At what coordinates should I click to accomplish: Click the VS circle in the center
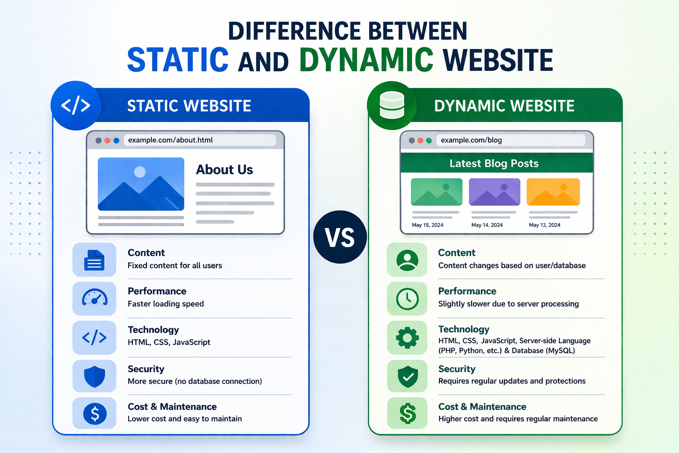pyautogui.click(x=340, y=237)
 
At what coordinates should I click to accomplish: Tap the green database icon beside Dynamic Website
pyautogui.click(x=392, y=106)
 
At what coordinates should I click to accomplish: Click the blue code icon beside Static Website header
pyautogui.click(x=76, y=106)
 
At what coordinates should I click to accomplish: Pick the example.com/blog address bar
pyautogui.click(x=511, y=140)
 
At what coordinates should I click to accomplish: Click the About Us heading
pyautogui.click(x=224, y=170)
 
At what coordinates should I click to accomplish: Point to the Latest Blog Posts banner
pyautogui.click(x=494, y=163)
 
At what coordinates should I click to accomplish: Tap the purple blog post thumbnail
pyautogui.click(x=494, y=192)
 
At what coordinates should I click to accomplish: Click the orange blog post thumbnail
pyautogui.click(x=553, y=192)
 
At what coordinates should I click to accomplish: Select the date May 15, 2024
pyautogui.click(x=427, y=225)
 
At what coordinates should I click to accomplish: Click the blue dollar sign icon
pyautogui.click(x=95, y=414)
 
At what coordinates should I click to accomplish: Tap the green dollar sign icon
pyautogui.click(x=408, y=414)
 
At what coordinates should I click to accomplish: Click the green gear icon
pyautogui.click(x=407, y=338)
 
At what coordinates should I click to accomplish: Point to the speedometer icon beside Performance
pyautogui.click(x=95, y=299)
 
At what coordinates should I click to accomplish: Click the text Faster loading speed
pyautogui.click(x=166, y=304)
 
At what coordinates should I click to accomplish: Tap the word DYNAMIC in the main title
pyautogui.click(x=366, y=60)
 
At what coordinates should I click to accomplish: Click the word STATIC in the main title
pyautogui.click(x=178, y=60)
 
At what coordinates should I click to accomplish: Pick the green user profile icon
pyautogui.click(x=407, y=260)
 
